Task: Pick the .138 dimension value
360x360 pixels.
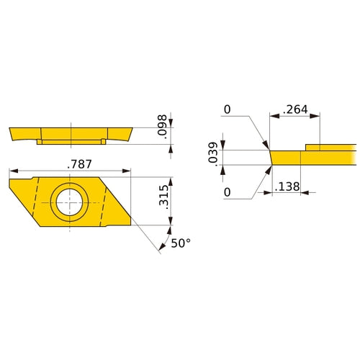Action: coord(287,186)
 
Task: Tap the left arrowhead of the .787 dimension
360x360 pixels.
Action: coord(12,171)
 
